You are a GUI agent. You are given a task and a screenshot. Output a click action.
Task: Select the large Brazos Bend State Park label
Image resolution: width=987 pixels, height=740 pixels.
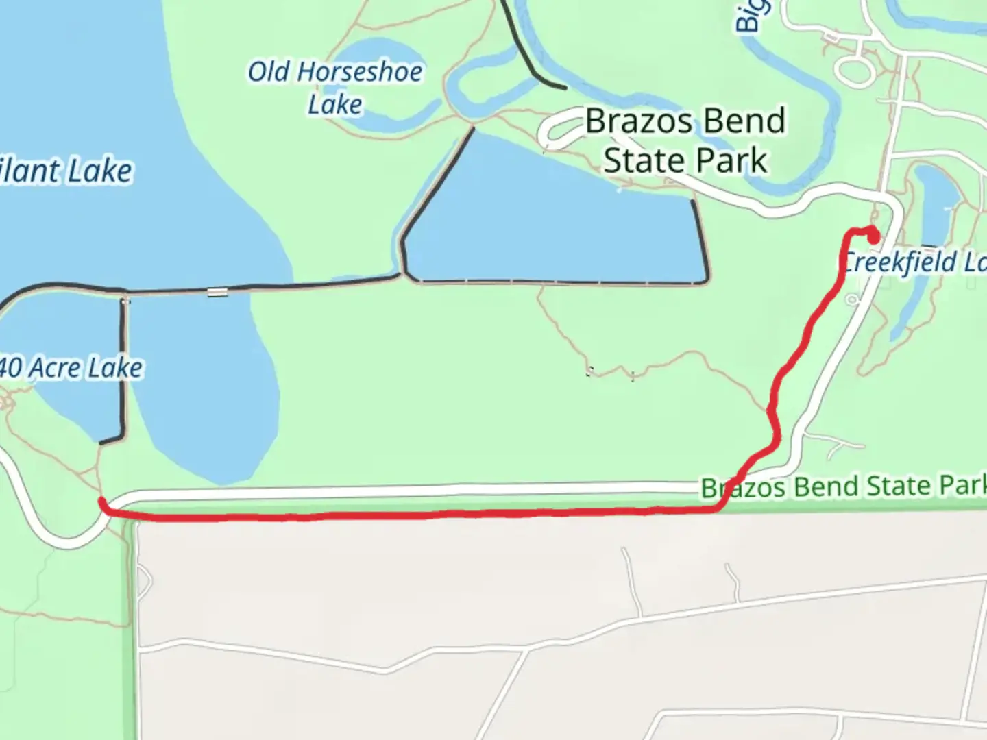(x=685, y=140)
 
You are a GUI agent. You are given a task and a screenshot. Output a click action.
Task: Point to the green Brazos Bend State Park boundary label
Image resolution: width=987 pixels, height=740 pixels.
(x=843, y=487)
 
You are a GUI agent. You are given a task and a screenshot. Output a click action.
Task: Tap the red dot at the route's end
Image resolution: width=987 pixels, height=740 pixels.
(x=874, y=237)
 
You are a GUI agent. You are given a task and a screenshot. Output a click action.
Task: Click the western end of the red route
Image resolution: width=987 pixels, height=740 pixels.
(x=102, y=502)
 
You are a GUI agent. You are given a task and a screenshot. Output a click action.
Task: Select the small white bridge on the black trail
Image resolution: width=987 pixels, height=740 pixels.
(x=217, y=293)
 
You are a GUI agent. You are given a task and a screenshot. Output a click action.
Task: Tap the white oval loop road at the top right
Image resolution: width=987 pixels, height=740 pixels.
(x=853, y=70)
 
